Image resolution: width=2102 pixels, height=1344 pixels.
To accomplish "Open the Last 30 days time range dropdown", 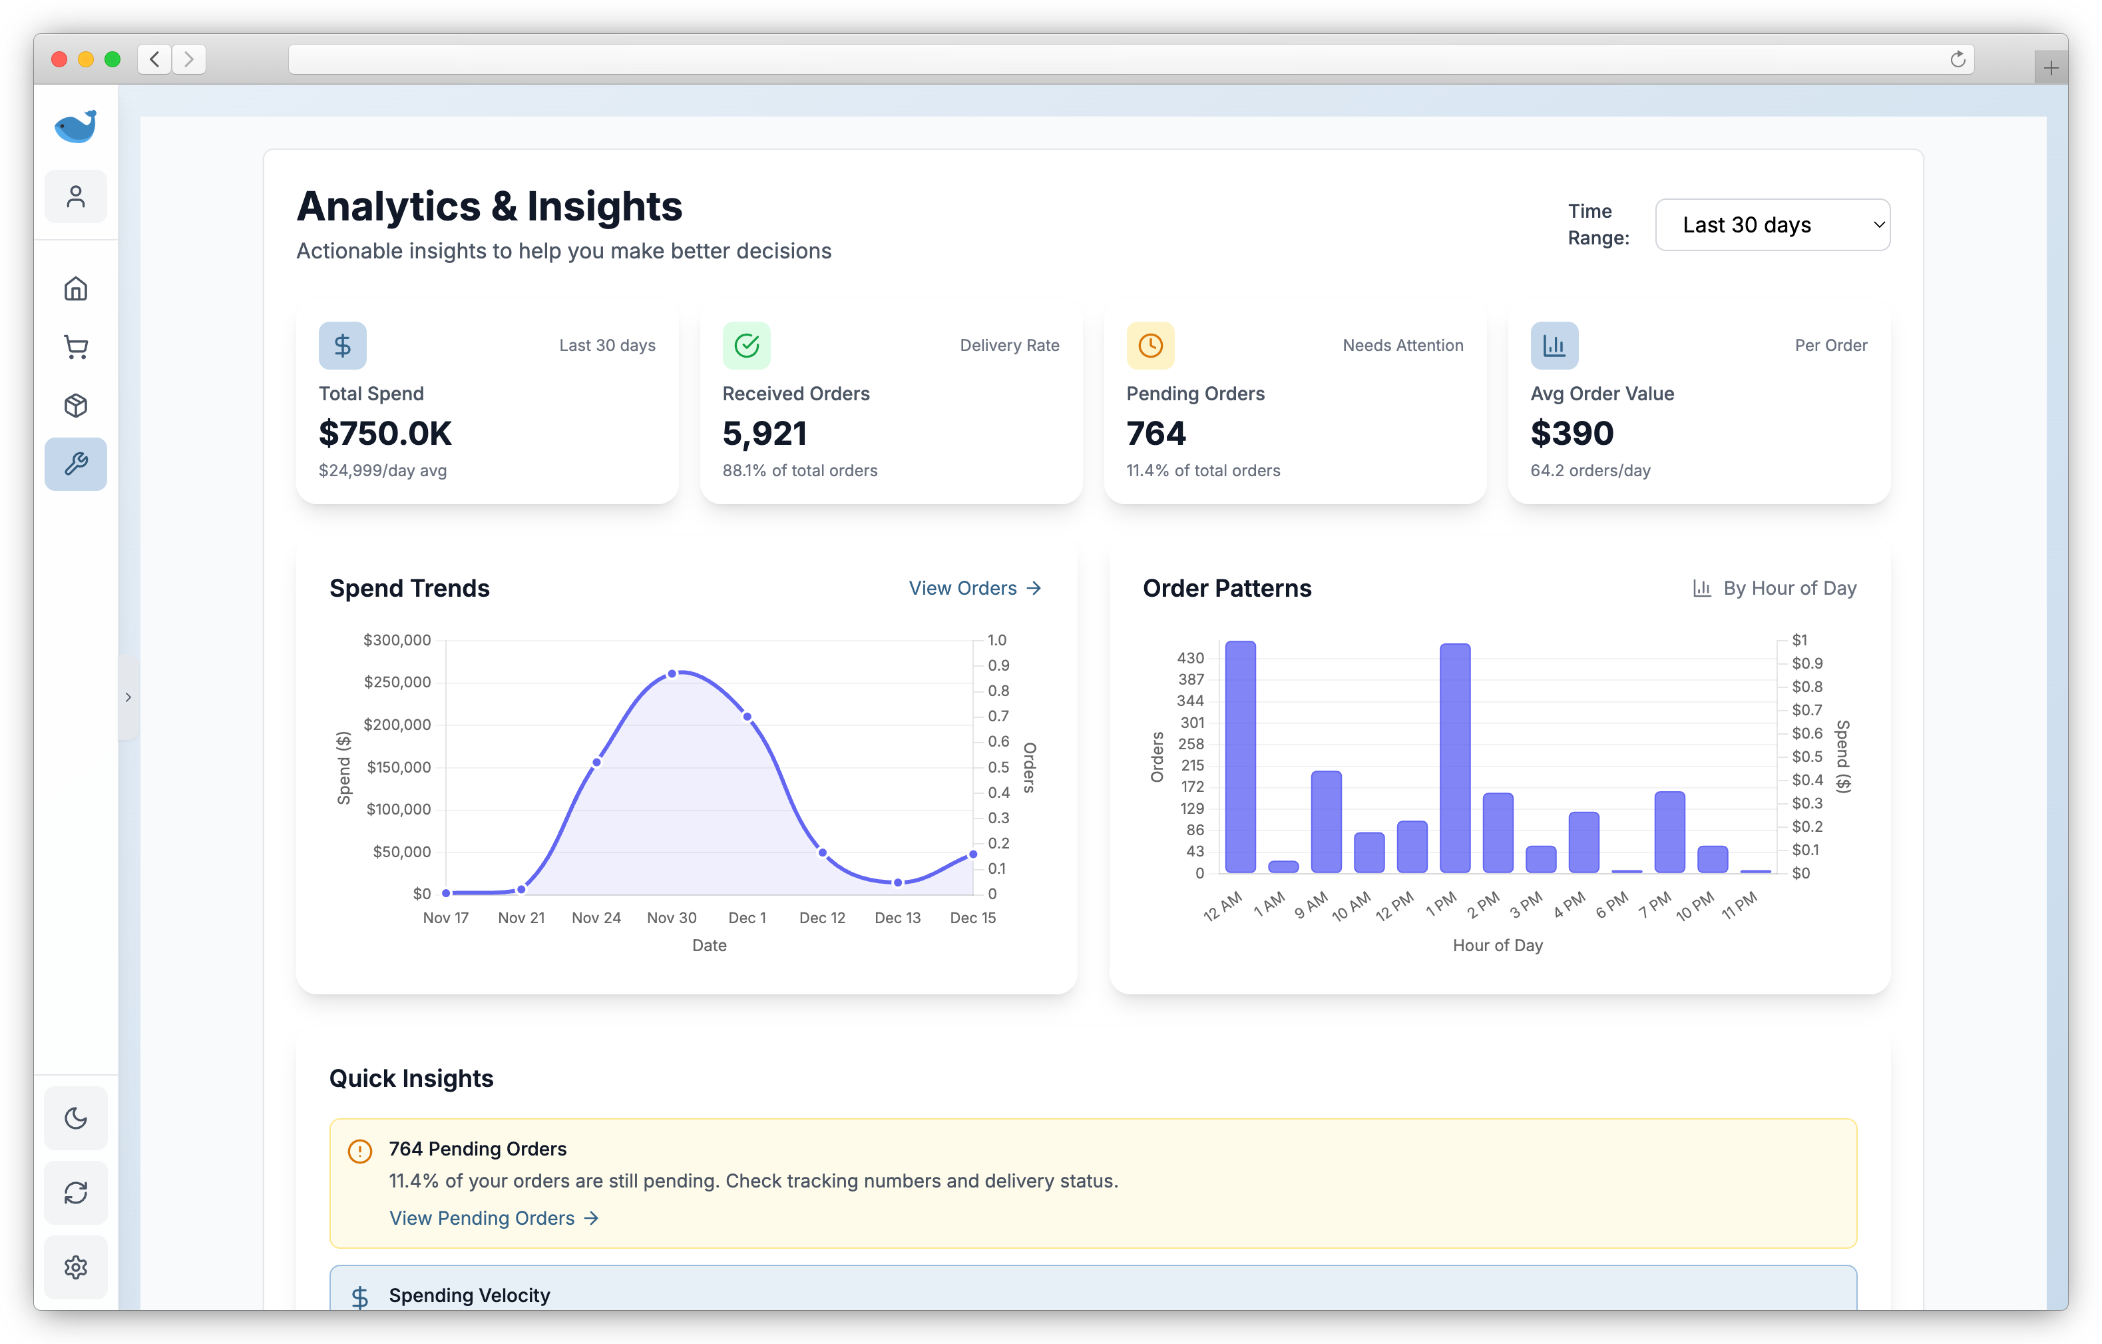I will point(1772,225).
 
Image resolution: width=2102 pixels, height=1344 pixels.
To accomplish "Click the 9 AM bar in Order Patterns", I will point(1326,822).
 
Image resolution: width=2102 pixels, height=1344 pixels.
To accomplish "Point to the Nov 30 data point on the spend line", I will point(672,674).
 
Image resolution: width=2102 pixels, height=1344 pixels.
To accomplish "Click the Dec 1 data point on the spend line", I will point(747,717).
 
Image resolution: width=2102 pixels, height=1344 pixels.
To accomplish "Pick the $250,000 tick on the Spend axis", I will point(397,682).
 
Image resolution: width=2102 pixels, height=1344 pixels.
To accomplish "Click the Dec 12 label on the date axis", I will point(822,918).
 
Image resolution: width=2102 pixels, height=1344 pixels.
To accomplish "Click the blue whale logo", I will point(76,127).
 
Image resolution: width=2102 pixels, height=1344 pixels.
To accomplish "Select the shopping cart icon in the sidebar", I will point(76,348).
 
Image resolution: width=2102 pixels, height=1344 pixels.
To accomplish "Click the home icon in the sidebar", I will point(76,289).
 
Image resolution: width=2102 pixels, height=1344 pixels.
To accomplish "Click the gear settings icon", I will point(76,1267).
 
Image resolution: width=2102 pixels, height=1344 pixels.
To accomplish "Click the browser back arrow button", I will point(154,59).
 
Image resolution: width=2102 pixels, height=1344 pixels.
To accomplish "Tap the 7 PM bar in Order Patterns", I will point(1669,833).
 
